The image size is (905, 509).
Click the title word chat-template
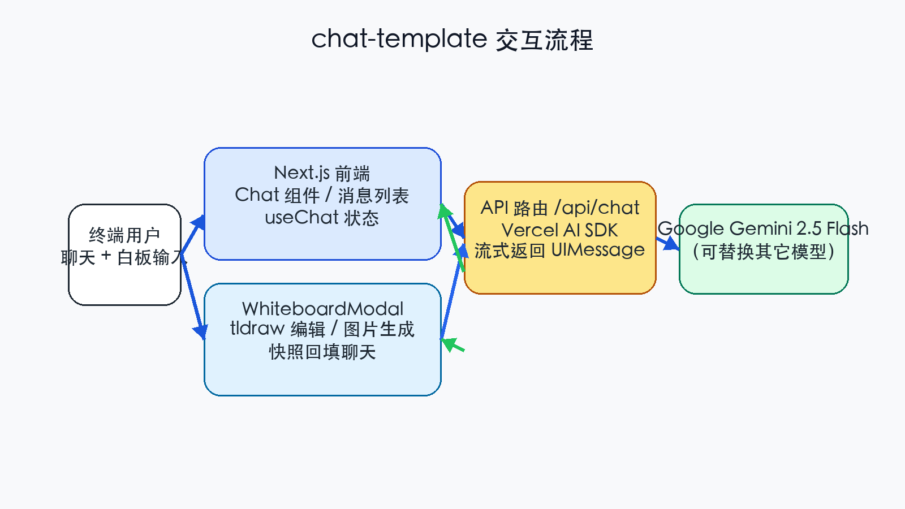click(399, 39)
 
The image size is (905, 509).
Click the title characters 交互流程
click(544, 40)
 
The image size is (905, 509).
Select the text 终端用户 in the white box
click(124, 235)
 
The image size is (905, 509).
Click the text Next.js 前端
click(322, 172)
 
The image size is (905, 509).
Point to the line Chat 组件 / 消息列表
click(322, 195)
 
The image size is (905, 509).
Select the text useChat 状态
click(322, 217)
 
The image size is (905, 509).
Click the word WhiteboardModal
click(322, 308)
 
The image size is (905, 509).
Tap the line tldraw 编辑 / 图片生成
click(322, 329)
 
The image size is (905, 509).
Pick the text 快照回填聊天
click(322, 352)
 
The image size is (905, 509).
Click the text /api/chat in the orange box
click(597, 208)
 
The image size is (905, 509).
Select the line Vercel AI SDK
click(559, 230)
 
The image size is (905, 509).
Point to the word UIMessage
click(597, 249)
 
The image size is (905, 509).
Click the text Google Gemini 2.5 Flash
click(763, 228)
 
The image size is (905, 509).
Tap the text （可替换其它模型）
click(763, 251)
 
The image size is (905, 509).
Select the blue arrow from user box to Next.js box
click(192, 234)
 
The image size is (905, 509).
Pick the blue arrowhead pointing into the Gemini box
click(671, 244)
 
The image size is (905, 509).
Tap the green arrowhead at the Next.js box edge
click(445, 212)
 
